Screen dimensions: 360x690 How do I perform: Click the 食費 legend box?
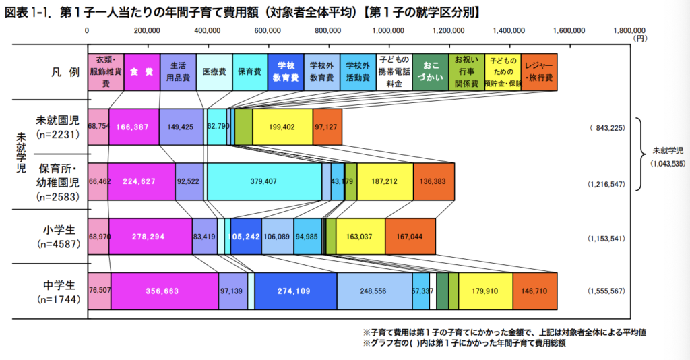(142, 71)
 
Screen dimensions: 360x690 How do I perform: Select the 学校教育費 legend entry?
(286, 71)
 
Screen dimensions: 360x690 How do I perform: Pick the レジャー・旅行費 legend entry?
(538, 71)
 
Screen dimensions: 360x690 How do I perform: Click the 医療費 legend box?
(214, 71)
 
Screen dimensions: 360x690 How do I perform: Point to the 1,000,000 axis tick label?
(389, 30)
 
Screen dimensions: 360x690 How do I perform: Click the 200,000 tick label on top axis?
(147, 30)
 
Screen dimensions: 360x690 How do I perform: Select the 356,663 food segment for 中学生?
(164, 291)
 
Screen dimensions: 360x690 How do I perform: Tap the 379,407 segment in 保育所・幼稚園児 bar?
(264, 181)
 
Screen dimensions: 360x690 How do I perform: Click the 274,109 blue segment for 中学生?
(295, 291)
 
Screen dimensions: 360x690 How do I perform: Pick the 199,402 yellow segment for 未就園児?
(282, 127)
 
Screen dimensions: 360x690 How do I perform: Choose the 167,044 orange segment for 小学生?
(410, 237)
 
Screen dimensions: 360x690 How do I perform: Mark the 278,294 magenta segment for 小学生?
(150, 237)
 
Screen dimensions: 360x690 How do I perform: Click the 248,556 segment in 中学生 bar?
(374, 291)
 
